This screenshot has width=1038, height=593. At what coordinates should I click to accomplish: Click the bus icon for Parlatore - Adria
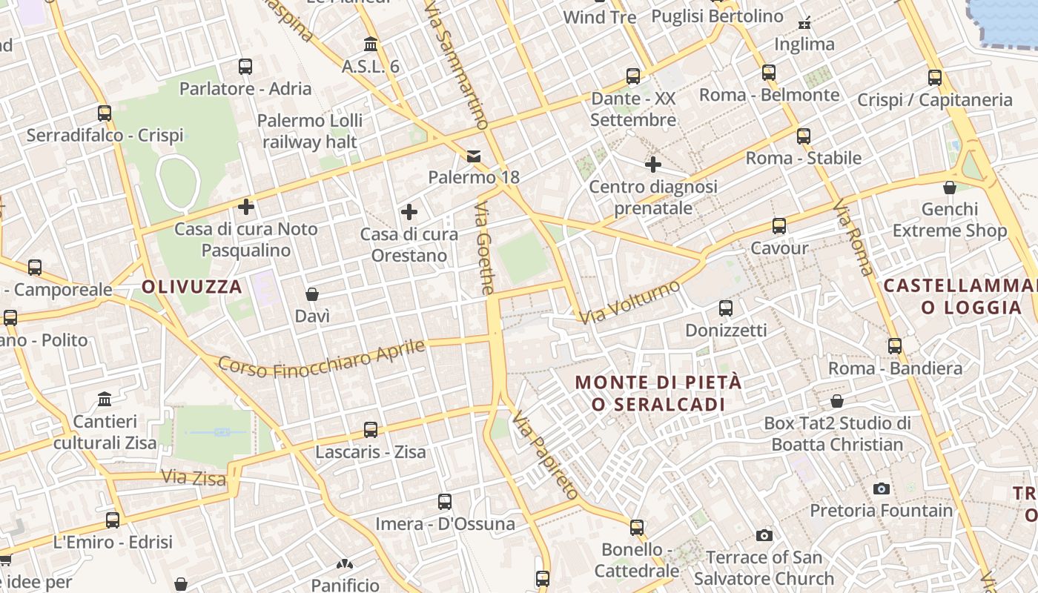(x=245, y=67)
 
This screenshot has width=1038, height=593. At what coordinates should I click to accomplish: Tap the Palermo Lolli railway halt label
(x=310, y=131)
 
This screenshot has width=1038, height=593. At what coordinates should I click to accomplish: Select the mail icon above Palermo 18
(x=473, y=156)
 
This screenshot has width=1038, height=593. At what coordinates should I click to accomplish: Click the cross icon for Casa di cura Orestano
(x=409, y=213)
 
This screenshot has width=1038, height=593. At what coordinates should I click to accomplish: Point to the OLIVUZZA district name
(x=192, y=287)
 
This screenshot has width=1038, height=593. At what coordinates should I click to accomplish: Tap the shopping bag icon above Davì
(x=312, y=294)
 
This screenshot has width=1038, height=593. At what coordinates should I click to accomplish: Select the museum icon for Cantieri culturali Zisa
(x=105, y=399)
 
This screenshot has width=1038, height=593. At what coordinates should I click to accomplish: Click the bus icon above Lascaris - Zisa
(x=370, y=430)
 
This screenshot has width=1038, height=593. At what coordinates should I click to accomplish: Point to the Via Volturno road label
(x=629, y=302)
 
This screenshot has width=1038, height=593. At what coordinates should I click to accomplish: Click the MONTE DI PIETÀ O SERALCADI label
(x=658, y=394)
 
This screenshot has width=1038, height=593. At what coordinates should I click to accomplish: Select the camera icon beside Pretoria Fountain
(x=881, y=488)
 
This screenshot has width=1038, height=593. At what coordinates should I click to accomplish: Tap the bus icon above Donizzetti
(x=726, y=308)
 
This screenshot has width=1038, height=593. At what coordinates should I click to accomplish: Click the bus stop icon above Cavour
(x=778, y=226)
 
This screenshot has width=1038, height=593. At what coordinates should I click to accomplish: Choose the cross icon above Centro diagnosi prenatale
(x=652, y=165)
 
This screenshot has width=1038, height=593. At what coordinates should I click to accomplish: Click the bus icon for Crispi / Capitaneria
(x=934, y=77)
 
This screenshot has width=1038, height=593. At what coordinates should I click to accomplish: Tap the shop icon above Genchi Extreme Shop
(x=949, y=188)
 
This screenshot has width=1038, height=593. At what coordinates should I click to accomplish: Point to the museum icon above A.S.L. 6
(x=370, y=44)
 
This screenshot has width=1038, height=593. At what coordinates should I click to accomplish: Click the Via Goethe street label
(x=484, y=248)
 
